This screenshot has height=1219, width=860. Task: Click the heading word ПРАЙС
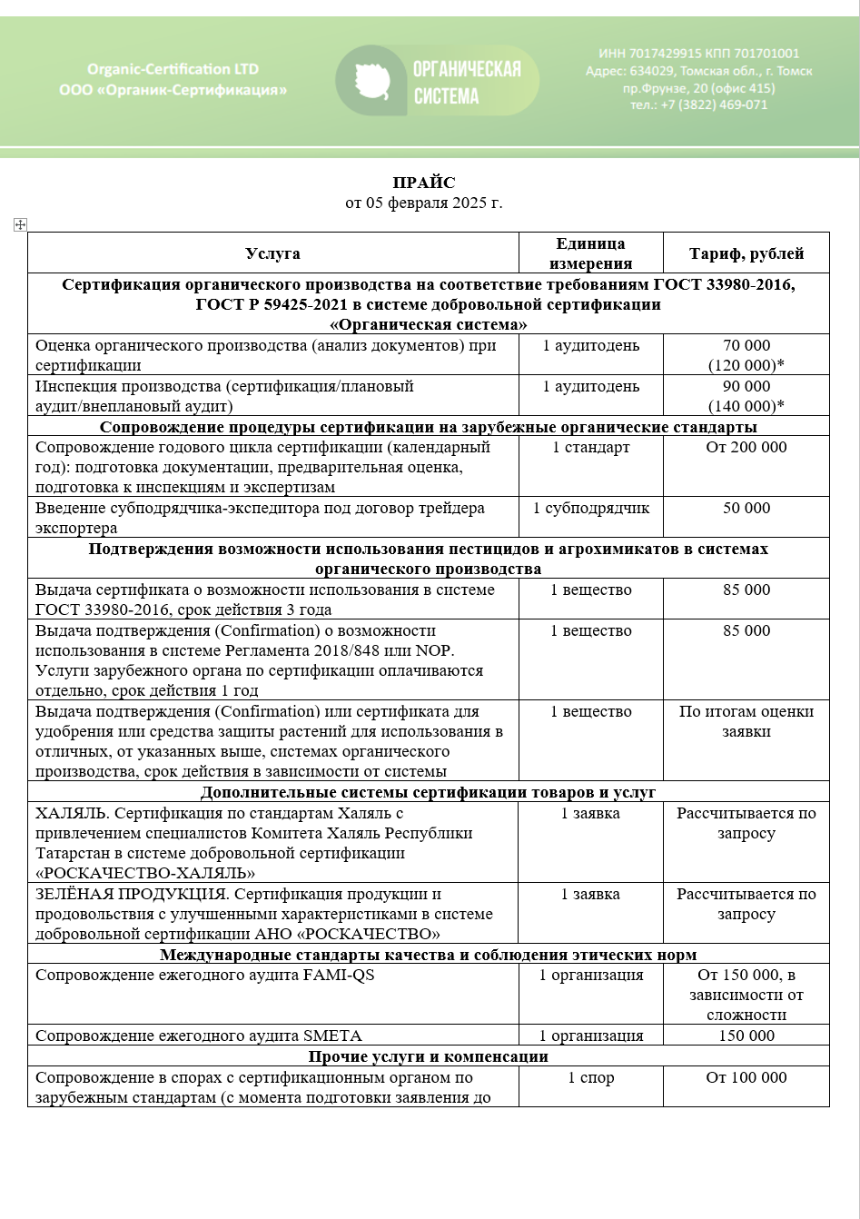(424, 183)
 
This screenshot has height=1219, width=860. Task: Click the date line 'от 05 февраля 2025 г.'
(424, 203)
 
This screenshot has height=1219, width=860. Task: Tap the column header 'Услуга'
(272, 253)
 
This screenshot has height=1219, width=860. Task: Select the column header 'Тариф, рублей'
(746, 253)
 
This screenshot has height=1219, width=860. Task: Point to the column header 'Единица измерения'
(590, 253)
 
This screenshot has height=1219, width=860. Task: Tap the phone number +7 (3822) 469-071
(699, 104)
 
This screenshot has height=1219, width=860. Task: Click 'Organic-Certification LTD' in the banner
(173, 69)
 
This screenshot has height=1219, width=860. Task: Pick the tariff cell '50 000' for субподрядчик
(746, 509)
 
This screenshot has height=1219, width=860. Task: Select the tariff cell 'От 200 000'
(746, 447)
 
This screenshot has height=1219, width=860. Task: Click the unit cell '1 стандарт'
(590, 447)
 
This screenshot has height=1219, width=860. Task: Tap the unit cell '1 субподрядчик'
(590, 509)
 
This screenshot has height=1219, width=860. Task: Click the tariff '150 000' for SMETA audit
(746, 1036)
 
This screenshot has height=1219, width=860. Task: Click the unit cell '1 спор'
(590, 1077)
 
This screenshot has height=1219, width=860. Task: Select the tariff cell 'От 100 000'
(746, 1077)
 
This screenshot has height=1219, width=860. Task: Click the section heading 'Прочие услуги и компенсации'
(428, 1056)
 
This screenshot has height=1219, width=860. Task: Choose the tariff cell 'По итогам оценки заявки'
(746, 721)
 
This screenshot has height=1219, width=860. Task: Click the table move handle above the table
(21, 224)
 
